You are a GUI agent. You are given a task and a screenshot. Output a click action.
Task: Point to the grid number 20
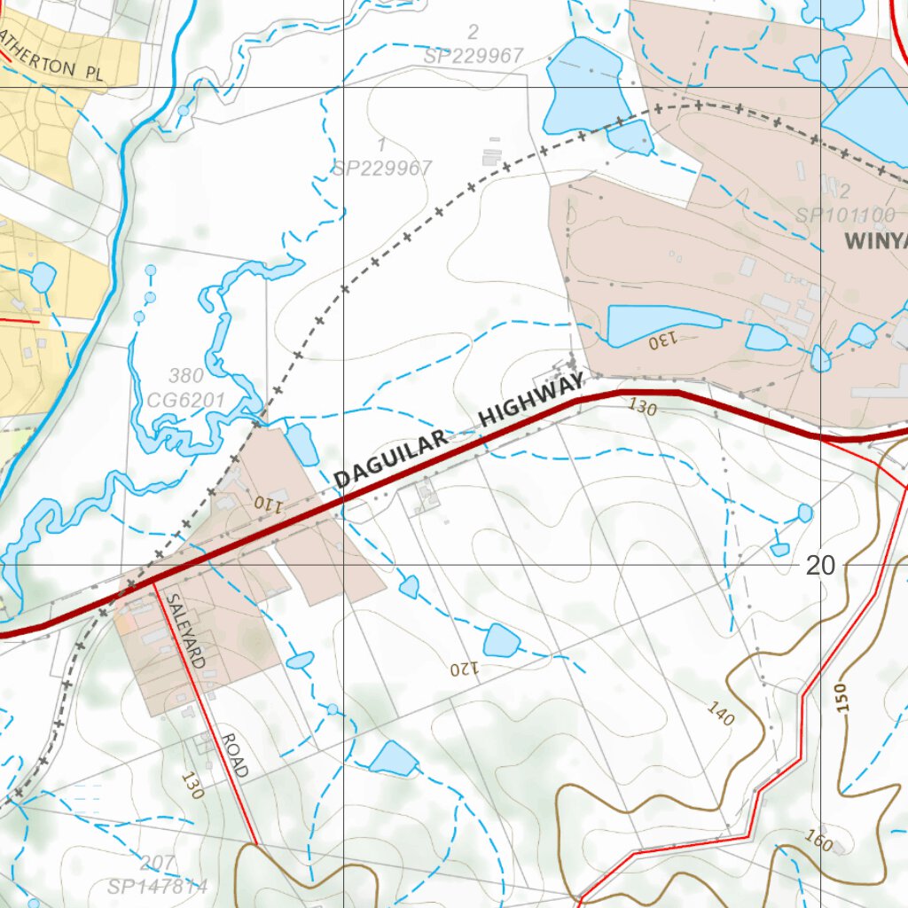821,565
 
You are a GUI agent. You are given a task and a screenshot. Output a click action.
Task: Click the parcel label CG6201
185,401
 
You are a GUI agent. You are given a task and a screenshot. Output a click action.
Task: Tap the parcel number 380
184,376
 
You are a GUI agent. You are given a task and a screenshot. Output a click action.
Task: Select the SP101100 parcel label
844,215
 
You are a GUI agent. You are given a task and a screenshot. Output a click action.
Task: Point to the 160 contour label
820,839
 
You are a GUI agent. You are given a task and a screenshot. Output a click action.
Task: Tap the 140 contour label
720,713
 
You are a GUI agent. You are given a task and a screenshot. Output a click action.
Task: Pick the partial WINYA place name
876,240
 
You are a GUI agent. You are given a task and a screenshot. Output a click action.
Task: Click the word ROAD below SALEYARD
234,756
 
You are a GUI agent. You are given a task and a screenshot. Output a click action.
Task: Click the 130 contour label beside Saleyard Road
192,786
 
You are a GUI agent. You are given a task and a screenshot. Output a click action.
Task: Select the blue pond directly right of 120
500,640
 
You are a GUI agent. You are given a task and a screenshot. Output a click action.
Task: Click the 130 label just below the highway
642,407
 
